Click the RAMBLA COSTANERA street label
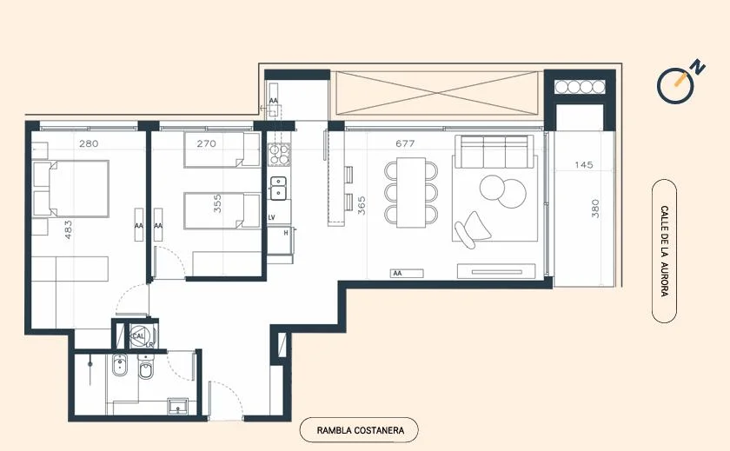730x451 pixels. (361, 430)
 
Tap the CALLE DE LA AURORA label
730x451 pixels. (664, 251)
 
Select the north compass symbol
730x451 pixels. (680, 82)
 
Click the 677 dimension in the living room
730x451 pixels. (405, 143)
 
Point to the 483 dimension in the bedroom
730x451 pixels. (69, 229)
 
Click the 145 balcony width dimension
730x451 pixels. (584, 165)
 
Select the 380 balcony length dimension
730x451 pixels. (595, 209)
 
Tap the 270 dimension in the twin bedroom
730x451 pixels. (206, 143)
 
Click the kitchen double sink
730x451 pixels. (279, 188)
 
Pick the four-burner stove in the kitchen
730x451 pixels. (279, 154)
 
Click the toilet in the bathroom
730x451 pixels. (146, 368)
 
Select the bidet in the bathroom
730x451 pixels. (120, 365)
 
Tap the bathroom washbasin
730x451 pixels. (177, 406)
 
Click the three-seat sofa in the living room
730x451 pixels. (494, 151)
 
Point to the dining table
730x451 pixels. (411, 192)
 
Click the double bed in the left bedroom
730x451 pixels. (70, 189)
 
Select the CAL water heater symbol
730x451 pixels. (139, 335)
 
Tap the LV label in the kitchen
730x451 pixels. (272, 217)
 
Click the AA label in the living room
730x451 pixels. (397, 273)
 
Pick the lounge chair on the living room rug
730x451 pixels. (472, 229)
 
